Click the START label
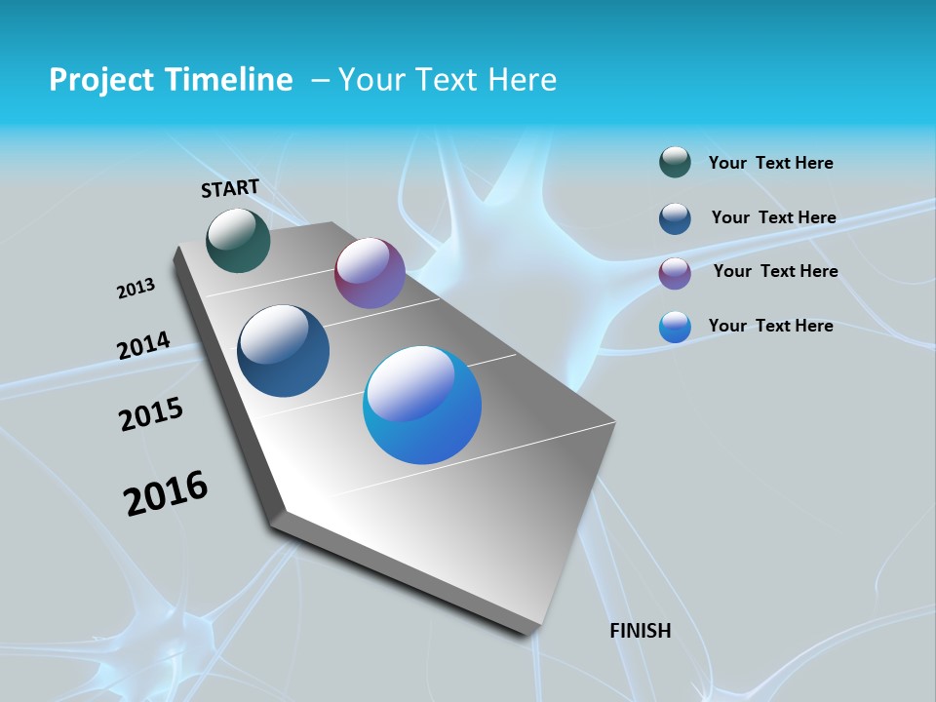click(230, 188)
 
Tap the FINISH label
click(641, 631)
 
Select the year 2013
click(136, 289)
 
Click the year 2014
click(143, 345)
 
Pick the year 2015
click(151, 414)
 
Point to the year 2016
click(166, 493)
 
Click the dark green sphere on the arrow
click(238, 240)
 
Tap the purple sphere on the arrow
click(370, 273)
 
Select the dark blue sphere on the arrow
click(283, 351)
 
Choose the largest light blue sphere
click(422, 405)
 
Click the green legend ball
click(675, 162)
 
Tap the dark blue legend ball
click(675, 218)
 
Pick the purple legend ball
click(675, 273)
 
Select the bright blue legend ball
click(675, 327)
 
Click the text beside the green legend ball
click(770, 163)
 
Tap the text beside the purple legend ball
click(775, 271)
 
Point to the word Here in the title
click(522, 80)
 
